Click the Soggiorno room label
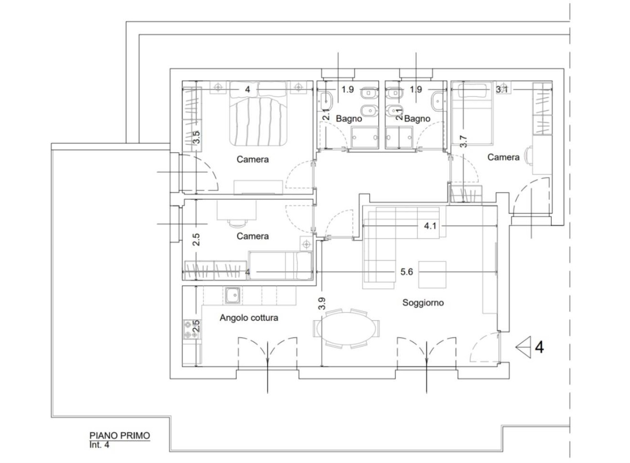423,303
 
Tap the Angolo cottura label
249,318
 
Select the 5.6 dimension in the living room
407,272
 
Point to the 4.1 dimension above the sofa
430,226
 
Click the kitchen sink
233,295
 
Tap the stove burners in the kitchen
192,329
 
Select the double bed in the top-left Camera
258,113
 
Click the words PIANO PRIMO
120,436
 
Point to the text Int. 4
99,445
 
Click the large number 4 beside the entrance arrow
539,347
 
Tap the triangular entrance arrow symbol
523,347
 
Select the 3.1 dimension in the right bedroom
501,90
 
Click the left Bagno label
349,119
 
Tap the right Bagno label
417,119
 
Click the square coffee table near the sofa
432,275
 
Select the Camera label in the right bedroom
504,157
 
